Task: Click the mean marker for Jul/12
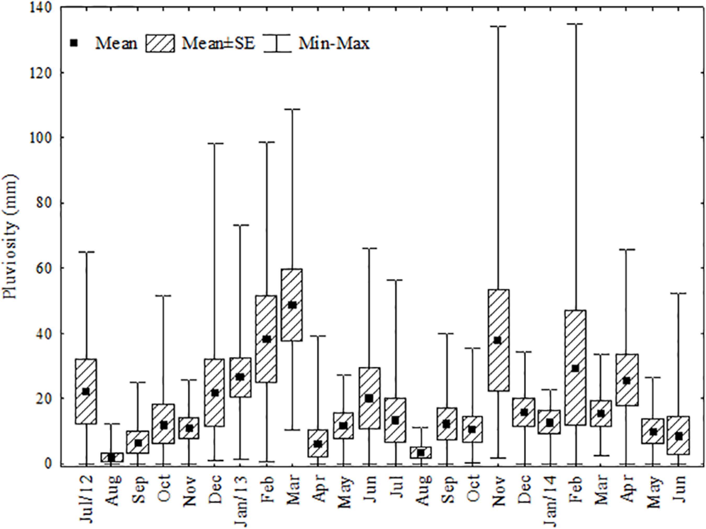86,391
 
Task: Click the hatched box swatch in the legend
160,43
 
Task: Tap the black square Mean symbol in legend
74,43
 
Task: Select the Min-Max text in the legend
334,43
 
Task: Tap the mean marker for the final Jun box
679,436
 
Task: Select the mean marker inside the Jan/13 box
240,377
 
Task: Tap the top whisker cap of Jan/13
240,225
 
